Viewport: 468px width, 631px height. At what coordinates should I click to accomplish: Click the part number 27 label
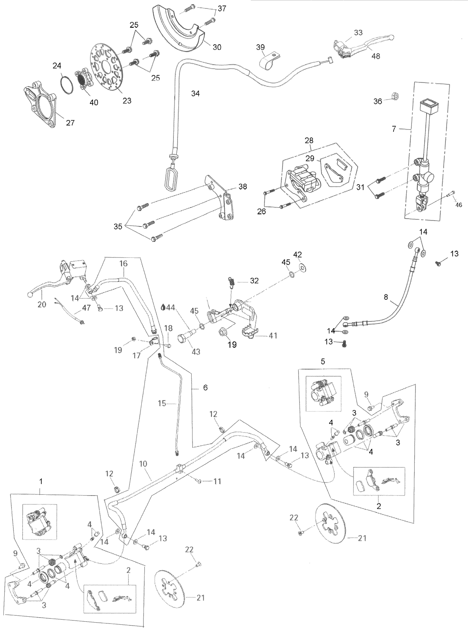(x=70, y=123)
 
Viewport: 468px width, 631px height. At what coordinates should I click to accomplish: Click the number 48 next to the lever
(x=376, y=56)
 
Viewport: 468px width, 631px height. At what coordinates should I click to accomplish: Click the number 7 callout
(x=394, y=129)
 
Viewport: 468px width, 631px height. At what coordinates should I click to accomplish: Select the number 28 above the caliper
(x=309, y=140)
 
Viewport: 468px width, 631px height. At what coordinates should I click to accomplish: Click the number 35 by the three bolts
(x=118, y=226)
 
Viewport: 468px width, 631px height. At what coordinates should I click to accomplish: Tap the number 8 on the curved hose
(x=386, y=297)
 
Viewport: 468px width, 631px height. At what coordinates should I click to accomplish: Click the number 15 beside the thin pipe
(x=162, y=403)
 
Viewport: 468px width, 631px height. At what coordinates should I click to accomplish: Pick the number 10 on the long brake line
(x=143, y=464)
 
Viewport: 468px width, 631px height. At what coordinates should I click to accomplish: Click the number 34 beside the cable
(x=195, y=93)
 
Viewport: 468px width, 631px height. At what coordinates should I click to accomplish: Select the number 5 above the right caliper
(x=323, y=361)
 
